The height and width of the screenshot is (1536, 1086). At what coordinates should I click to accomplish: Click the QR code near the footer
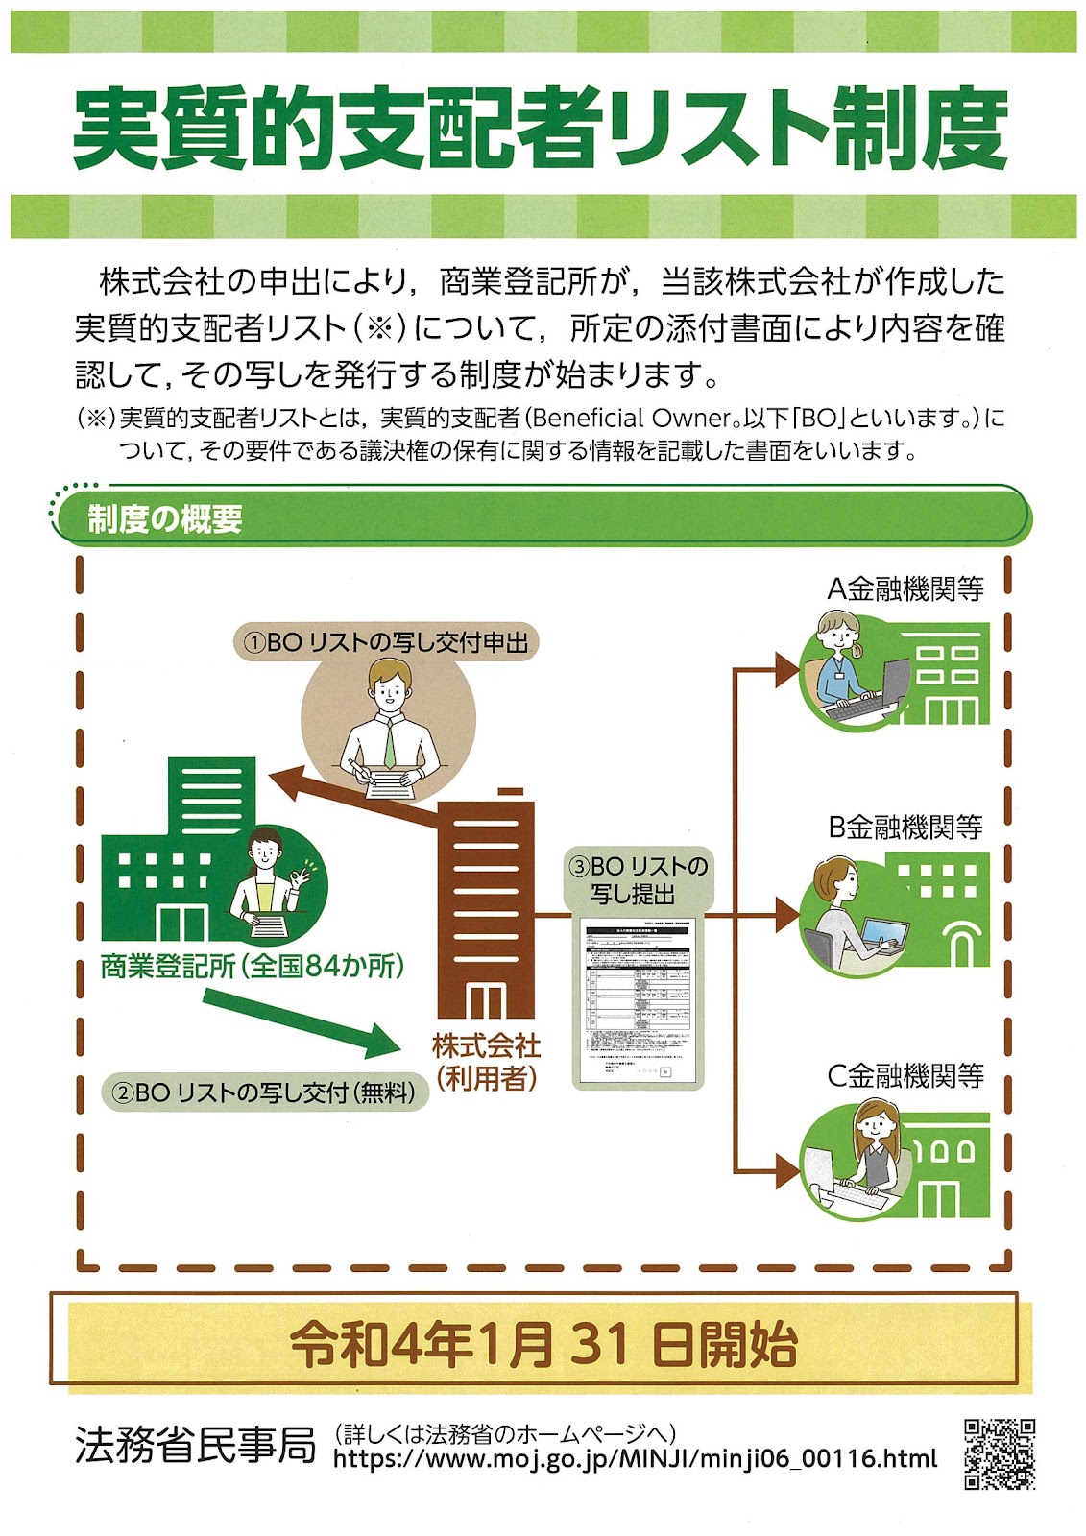999,1453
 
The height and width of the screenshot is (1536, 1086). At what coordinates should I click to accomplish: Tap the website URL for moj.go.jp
635,1459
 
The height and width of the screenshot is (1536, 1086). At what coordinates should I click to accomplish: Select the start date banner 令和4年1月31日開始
543,1343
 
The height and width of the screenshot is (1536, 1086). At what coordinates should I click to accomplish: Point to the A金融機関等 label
905,588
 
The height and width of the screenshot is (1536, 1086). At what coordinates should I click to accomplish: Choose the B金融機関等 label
905,827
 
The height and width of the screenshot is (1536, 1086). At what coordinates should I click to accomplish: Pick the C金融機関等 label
905,1075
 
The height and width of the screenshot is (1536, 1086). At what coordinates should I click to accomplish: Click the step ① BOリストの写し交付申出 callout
386,642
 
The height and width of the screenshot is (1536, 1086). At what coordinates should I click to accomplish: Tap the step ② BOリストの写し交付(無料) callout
265,1092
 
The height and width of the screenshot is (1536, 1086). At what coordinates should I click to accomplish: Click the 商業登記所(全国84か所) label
253,966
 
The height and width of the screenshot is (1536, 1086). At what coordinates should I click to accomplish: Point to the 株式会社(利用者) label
486,1062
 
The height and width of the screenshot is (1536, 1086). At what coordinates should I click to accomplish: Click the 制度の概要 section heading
165,519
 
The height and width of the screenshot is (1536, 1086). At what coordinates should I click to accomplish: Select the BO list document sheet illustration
639,1002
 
